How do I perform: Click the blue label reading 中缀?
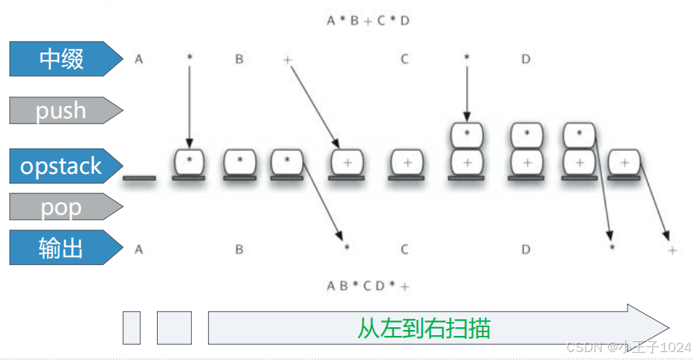click(x=62, y=59)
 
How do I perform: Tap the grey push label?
click(x=61, y=111)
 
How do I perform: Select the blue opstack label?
click(x=61, y=166)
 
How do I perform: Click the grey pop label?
click(x=61, y=207)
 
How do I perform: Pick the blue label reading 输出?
click(x=61, y=248)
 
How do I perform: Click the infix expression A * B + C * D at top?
click(x=368, y=21)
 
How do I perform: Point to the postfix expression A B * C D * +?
click(x=368, y=286)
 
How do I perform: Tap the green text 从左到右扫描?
click(x=423, y=328)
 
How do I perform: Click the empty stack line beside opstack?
click(x=139, y=177)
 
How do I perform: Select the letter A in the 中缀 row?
click(x=139, y=59)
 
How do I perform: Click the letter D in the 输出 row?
click(x=525, y=250)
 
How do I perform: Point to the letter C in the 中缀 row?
click(x=404, y=59)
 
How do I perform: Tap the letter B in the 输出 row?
click(x=239, y=250)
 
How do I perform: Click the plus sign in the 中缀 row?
click(x=287, y=59)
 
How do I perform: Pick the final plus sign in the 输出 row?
click(x=672, y=250)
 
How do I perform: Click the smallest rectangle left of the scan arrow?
click(x=131, y=327)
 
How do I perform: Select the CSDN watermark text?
click(x=628, y=346)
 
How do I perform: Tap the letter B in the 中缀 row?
click(x=239, y=59)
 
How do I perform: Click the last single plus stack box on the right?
click(x=624, y=163)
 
